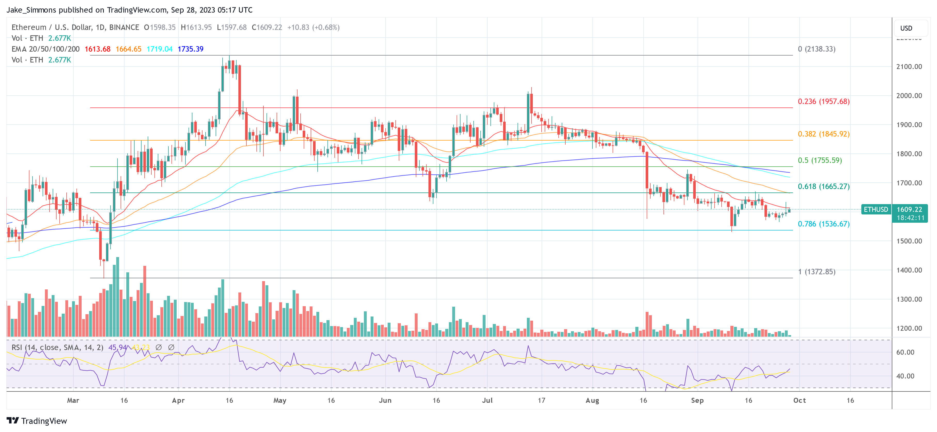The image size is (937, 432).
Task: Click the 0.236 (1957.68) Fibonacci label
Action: coord(824,102)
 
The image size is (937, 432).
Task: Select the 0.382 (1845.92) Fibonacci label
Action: coord(824,134)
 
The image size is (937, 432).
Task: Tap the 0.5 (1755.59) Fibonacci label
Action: coord(819,160)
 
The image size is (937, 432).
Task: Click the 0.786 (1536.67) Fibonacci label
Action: coord(824,224)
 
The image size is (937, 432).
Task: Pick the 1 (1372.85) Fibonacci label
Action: coord(817,272)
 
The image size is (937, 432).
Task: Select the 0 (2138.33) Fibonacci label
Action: coord(817,49)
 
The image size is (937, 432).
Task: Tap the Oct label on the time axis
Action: coord(800,400)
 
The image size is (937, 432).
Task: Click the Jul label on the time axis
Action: coord(487,400)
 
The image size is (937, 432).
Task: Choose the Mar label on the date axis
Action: coord(73,400)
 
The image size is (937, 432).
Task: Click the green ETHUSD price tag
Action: coord(876,210)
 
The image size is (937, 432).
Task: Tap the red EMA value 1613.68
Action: coord(97,49)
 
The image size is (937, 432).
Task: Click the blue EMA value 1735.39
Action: coord(190,49)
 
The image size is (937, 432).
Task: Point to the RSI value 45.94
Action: coord(118,348)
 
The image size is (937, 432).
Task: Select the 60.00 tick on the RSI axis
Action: coord(905,352)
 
